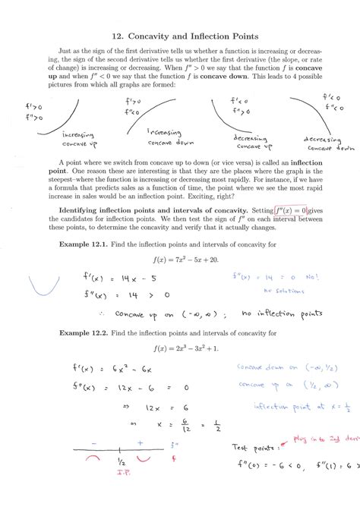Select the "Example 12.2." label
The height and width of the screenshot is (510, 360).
pos(83,332)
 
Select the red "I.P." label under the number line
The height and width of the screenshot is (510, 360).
pos(120,470)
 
